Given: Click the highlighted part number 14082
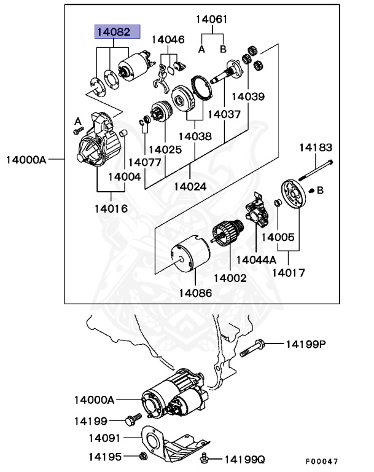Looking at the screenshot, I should click(117, 32).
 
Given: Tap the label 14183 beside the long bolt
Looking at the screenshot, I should click(316, 147).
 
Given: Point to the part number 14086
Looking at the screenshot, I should click(195, 293).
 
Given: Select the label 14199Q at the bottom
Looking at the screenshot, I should click(244, 459).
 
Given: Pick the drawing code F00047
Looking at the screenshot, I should click(322, 461).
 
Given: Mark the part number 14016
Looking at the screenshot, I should click(111, 208).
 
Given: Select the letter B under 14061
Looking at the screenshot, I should click(223, 49).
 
